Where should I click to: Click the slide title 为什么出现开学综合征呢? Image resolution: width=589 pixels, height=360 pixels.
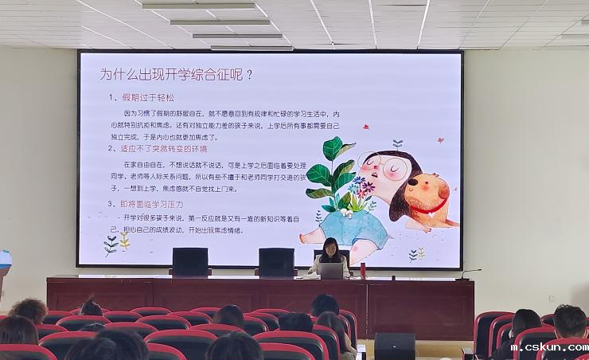point(176,75)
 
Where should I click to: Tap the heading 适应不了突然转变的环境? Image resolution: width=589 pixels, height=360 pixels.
point(163,149)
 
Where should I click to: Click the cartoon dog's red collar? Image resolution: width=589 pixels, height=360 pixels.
point(429,209)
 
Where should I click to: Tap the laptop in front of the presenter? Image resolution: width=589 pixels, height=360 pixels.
point(331,271)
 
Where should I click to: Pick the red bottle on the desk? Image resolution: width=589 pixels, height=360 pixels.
point(363,270)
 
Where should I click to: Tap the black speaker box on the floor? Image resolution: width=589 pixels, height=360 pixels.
point(394,346)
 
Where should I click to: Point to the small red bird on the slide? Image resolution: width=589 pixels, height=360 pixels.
point(365,127)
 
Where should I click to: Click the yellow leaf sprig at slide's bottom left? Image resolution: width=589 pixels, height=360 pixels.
point(125,241)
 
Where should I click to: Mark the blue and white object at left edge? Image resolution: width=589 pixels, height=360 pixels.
point(5,261)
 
